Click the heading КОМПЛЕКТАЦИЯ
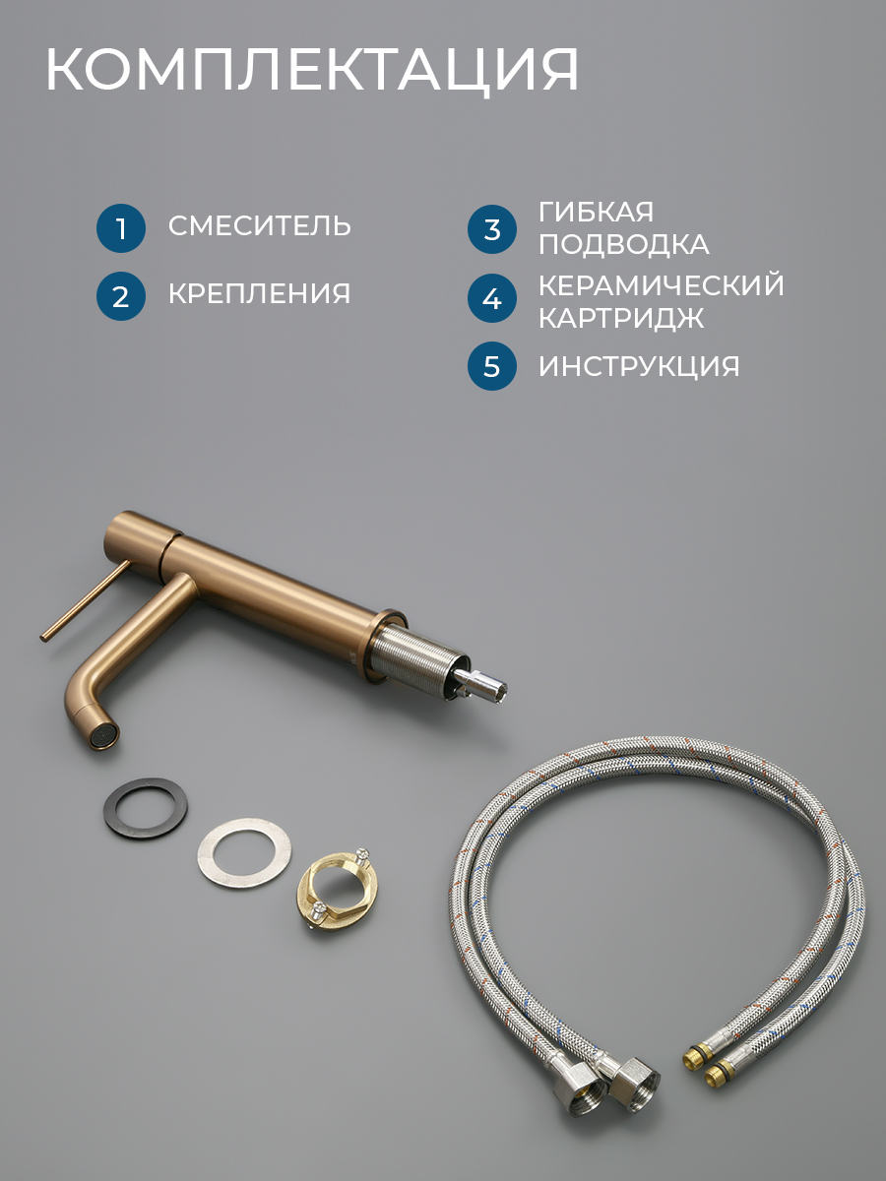(312, 71)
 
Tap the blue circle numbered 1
(121, 228)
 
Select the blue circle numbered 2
(121, 296)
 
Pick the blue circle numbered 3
(491, 229)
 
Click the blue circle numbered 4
(491, 298)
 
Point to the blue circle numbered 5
(491, 366)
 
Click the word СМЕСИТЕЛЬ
(260, 226)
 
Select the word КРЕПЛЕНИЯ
(259, 293)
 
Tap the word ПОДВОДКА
(624, 245)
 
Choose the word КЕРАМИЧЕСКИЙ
(662, 285)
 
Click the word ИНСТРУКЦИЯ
(639, 366)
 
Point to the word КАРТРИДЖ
(621, 318)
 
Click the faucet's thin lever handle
(85, 599)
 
